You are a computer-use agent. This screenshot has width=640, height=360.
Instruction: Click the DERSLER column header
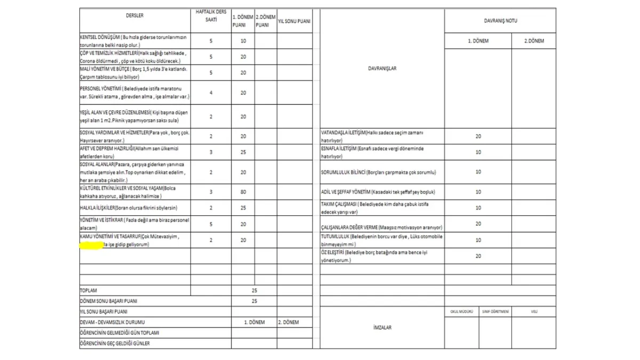click(x=134, y=15)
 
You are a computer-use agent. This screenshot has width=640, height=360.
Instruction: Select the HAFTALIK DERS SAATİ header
click(x=211, y=15)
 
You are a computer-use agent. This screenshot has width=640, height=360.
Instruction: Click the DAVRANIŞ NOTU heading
click(x=500, y=21)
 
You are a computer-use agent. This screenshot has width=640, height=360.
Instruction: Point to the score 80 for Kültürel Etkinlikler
click(x=243, y=191)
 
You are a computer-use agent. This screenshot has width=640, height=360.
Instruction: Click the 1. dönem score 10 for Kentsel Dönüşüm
click(x=243, y=41)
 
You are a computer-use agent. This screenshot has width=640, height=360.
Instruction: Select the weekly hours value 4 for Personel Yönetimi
click(x=211, y=93)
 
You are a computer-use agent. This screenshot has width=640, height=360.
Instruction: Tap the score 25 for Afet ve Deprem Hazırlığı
click(x=243, y=153)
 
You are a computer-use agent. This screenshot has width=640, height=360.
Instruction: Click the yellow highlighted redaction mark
click(x=91, y=245)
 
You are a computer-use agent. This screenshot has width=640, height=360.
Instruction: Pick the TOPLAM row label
click(x=89, y=291)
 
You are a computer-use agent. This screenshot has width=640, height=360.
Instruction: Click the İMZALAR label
click(x=382, y=327)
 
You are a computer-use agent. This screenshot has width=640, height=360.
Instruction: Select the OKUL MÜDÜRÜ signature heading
click(x=461, y=311)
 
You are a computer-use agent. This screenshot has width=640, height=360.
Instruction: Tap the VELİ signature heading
click(x=534, y=311)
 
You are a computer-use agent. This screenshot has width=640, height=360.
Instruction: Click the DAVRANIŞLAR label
click(x=382, y=68)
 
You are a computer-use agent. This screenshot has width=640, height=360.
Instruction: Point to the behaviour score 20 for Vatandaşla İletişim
click(x=478, y=137)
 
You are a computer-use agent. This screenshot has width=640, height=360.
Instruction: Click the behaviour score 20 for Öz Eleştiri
click(x=478, y=256)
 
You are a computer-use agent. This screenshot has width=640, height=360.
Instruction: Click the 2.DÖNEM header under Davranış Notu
click(x=533, y=41)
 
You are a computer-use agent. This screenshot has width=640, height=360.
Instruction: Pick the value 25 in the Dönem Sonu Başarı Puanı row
click(x=254, y=301)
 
